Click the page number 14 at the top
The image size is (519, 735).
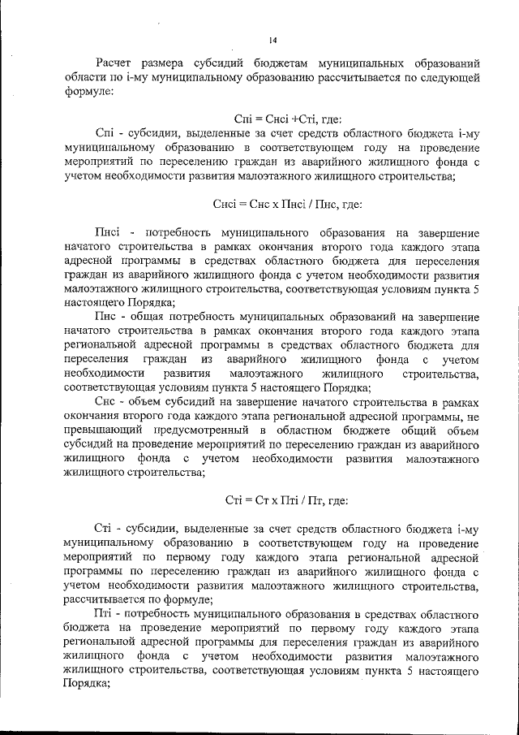click(272, 38)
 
